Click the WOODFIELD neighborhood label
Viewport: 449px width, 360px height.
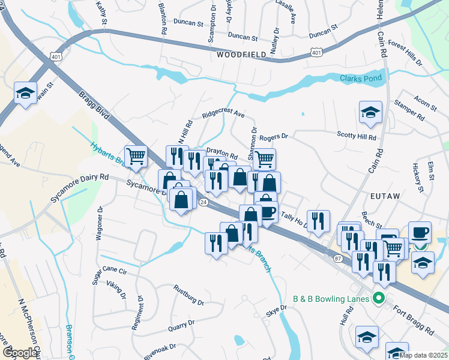242,55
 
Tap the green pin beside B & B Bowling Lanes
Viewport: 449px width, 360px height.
378,298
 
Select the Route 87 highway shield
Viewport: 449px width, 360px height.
337,258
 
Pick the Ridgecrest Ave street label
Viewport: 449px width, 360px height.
223,113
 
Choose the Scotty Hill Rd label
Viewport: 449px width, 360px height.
356,136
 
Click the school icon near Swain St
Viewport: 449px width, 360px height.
26,93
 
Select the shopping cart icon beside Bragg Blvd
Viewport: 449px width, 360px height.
136,157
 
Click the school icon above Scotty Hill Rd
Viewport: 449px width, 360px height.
370,112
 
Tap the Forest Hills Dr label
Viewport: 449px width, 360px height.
406,52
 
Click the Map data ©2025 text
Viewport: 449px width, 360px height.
424,355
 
